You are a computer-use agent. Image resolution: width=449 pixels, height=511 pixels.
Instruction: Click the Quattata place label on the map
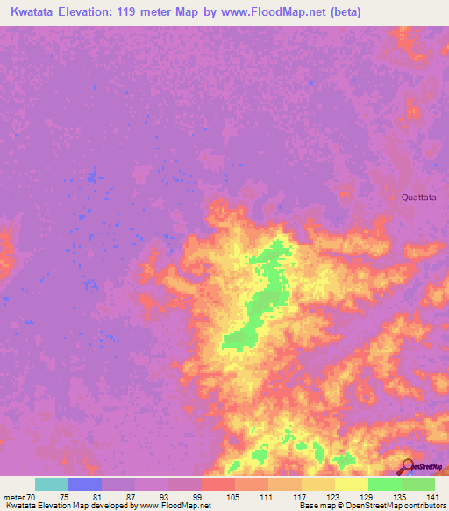[x=417, y=198]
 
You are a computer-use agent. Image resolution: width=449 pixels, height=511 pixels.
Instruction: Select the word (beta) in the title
[x=343, y=12]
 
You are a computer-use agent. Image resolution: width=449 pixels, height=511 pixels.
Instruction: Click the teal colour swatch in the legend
[x=52, y=484]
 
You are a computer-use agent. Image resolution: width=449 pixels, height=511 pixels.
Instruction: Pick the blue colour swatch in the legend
[x=85, y=484]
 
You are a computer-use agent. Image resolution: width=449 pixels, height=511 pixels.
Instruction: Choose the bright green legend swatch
[x=385, y=484]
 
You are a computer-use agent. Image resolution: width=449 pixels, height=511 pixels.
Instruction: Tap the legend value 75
[x=64, y=497]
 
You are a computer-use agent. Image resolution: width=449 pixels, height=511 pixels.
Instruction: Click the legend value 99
[x=197, y=497]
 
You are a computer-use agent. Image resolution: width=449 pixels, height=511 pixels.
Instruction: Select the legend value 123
[x=331, y=497]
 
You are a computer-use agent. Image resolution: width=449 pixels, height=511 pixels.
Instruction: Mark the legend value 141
[x=431, y=497]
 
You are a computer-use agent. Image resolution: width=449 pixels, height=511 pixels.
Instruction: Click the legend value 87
[x=131, y=497]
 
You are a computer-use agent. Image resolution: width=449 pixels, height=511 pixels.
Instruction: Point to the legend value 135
[x=398, y=497]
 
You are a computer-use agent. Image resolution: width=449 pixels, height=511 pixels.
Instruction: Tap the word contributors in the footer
[x=421, y=506]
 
